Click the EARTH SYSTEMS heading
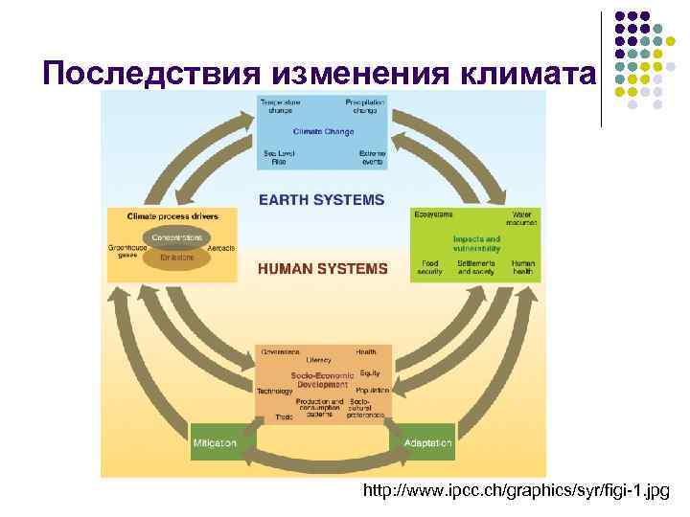click(321, 200)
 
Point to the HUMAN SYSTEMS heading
click(322, 269)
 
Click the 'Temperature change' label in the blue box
click(280, 104)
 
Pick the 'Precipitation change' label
click(365, 104)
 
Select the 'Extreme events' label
click(372, 157)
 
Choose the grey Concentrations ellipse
click(172, 236)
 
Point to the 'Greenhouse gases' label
click(125, 251)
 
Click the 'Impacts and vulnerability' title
click(476, 242)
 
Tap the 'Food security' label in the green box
click(429, 267)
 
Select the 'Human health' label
click(523, 267)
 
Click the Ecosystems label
click(433, 214)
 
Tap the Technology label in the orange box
click(274, 392)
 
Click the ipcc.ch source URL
click(517, 491)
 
